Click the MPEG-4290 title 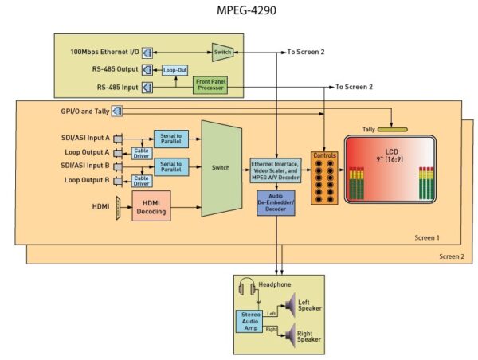[246, 10]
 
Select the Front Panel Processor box [210, 85]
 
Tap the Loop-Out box [174, 70]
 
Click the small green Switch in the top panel [222, 52]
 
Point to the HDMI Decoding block [151, 206]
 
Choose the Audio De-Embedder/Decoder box [276, 203]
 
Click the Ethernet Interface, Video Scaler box [276, 170]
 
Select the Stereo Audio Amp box [249, 321]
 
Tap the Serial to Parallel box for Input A [171, 139]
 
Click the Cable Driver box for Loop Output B [142, 181]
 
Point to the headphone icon [247, 287]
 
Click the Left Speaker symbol [290, 305]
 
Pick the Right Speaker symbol [290, 335]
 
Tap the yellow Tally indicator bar [392, 130]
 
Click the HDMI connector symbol [118, 208]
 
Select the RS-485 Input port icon [147, 88]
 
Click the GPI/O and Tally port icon [117, 111]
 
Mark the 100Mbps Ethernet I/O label [104, 52]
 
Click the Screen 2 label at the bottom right [452, 256]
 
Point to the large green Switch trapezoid [221, 168]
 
